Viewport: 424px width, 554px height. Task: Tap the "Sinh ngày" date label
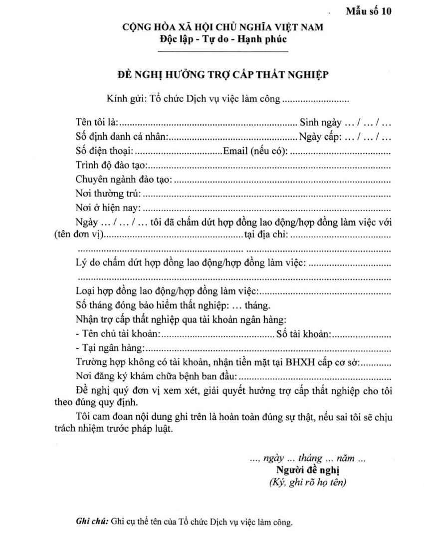(320, 121)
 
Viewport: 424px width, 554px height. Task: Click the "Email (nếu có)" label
(255, 150)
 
